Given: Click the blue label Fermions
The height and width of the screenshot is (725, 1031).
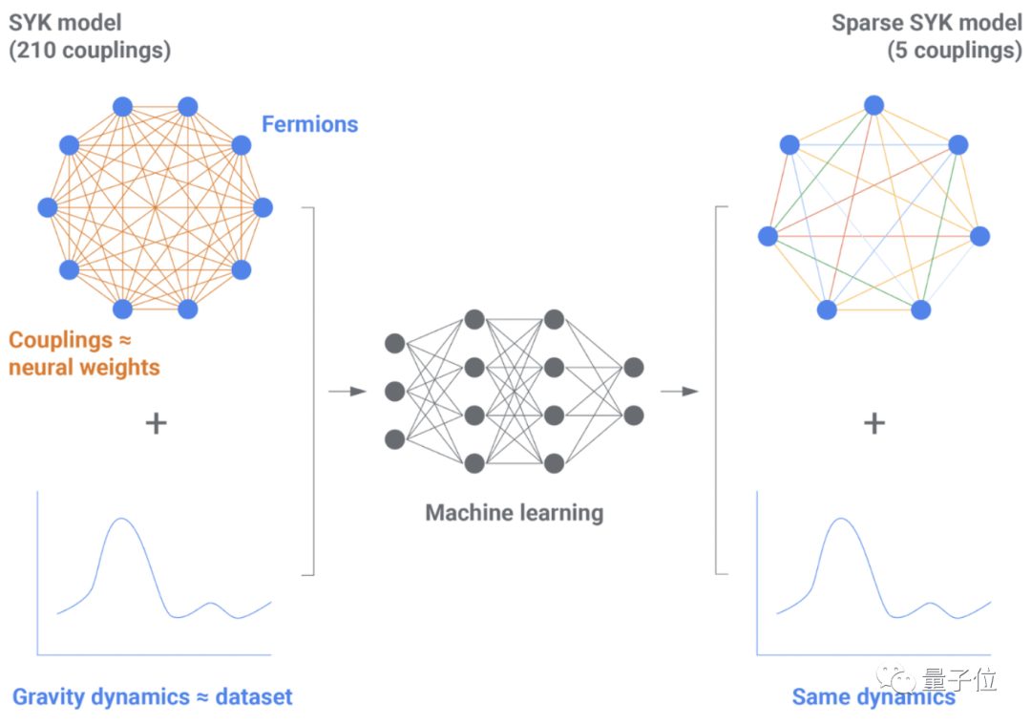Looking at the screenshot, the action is tap(309, 124).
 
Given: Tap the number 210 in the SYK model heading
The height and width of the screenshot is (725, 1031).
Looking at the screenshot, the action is tap(36, 50).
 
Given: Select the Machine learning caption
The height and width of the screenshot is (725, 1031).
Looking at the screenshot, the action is tap(515, 513).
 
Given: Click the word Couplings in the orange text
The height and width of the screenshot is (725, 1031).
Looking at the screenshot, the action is tap(60, 340).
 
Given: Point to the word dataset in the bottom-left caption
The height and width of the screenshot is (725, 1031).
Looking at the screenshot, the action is tap(254, 696).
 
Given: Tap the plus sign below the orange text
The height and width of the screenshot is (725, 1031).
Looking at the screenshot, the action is tap(156, 423).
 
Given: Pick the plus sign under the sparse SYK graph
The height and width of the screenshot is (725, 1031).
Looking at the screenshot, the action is tap(873, 423).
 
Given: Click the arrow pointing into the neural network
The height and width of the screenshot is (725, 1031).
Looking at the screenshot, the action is tap(347, 392).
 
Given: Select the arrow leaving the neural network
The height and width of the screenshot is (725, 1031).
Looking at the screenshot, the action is tap(680, 392).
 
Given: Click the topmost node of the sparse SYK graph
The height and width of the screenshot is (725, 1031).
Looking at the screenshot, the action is tap(873, 105).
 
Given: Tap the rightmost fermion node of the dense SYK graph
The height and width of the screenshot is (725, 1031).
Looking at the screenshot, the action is tap(263, 208).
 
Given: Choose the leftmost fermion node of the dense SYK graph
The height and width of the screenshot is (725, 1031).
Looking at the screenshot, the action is tap(48, 208).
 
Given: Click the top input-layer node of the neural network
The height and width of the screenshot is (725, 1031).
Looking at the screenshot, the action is tap(394, 344).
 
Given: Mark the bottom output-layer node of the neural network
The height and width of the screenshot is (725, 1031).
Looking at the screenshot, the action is tap(634, 416).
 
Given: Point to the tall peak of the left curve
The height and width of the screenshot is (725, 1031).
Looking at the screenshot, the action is tap(121, 519).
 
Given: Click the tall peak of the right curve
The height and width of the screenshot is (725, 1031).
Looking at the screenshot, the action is tap(841, 519).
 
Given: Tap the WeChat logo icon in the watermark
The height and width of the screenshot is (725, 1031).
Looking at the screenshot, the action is tap(895, 678).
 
